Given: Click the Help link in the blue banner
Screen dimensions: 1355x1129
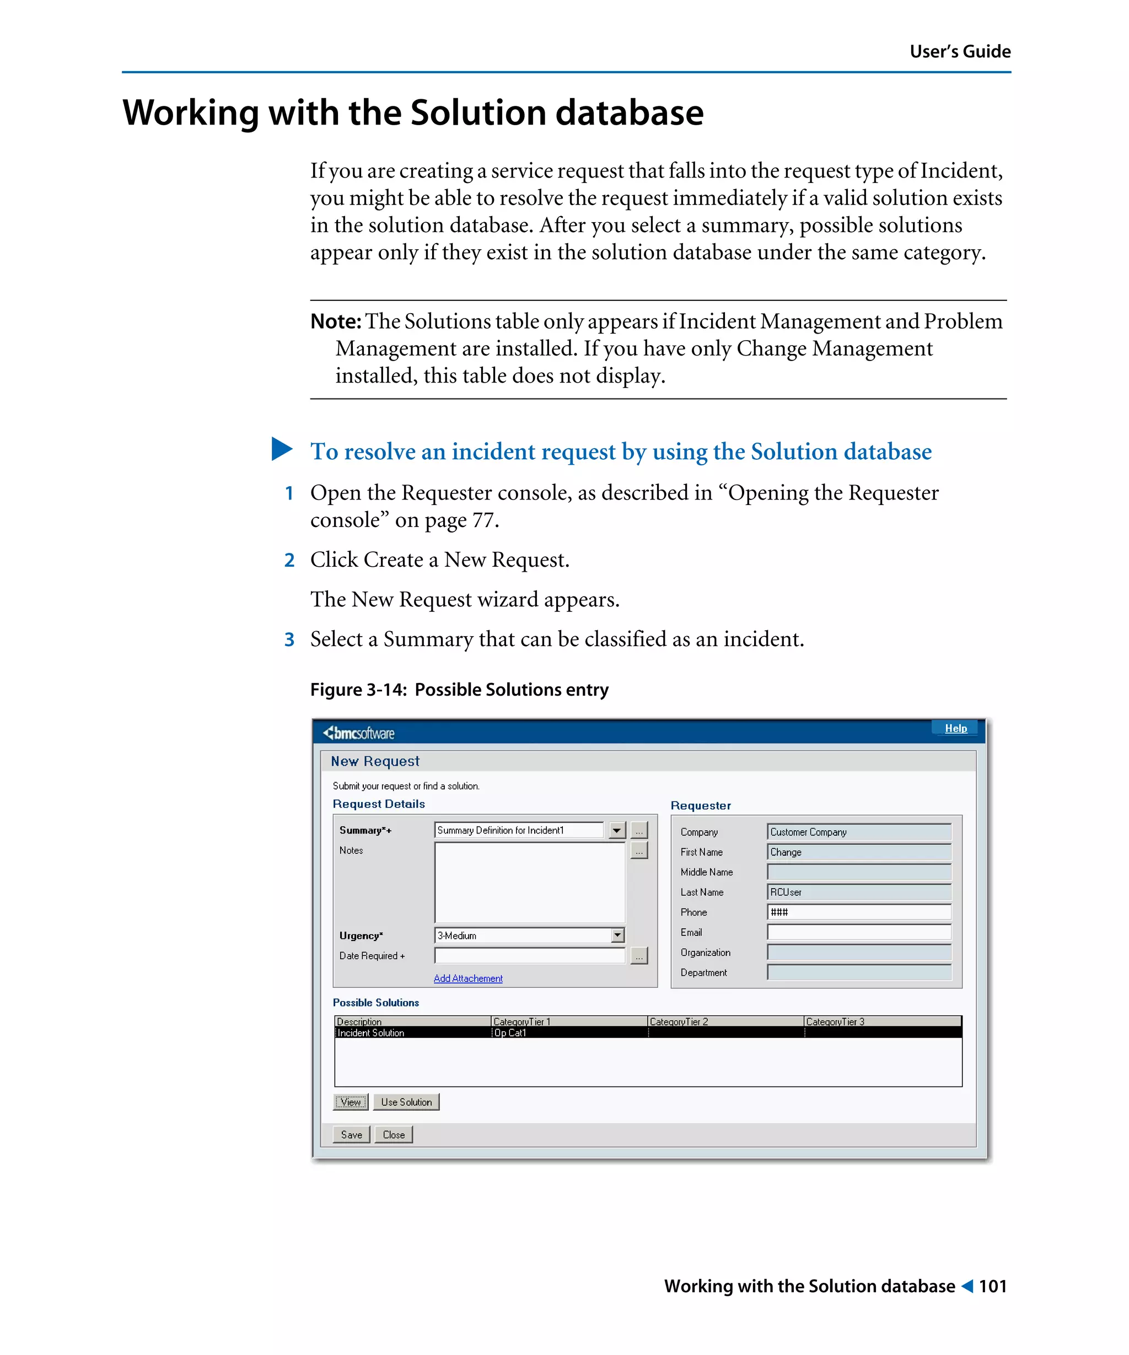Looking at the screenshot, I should pos(955,728).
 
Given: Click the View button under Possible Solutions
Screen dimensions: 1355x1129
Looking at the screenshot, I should pos(350,1101).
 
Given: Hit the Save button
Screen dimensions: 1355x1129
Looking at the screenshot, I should pos(351,1134).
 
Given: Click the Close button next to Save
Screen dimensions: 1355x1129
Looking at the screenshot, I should pos(394,1134).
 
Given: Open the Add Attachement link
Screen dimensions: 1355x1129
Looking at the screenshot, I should pos(467,978).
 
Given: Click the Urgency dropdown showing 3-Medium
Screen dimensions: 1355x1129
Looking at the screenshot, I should pos(529,935).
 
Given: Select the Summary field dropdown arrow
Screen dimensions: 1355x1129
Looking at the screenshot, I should pos(617,830).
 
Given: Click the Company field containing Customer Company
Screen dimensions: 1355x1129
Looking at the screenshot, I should pos(859,832).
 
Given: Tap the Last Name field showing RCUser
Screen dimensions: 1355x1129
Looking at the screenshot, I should pos(859,892).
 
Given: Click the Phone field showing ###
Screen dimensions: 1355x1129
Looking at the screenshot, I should pos(859,912).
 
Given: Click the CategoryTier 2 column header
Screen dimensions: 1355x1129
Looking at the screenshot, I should pos(725,1021).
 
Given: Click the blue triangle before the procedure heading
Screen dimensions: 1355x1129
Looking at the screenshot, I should pos(282,449).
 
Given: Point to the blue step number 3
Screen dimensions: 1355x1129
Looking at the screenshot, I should pos(289,639).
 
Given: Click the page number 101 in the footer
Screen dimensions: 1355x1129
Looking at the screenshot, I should pos(992,1286).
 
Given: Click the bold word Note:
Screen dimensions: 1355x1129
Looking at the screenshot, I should pos(336,321).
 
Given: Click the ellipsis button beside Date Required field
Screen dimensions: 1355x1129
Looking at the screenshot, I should pos(639,955).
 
